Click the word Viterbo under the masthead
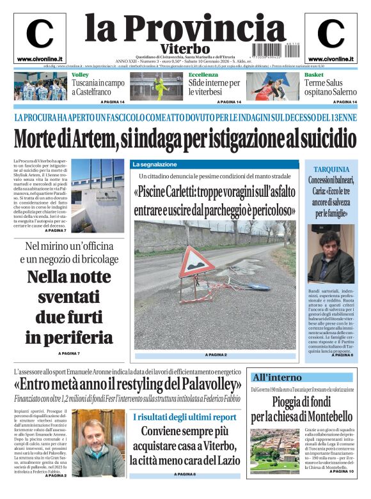[x=185, y=49]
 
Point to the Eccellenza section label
[x=203, y=75]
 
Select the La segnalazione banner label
[x=154, y=164]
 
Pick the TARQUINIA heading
[x=333, y=169]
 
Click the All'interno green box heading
[x=276, y=377]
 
